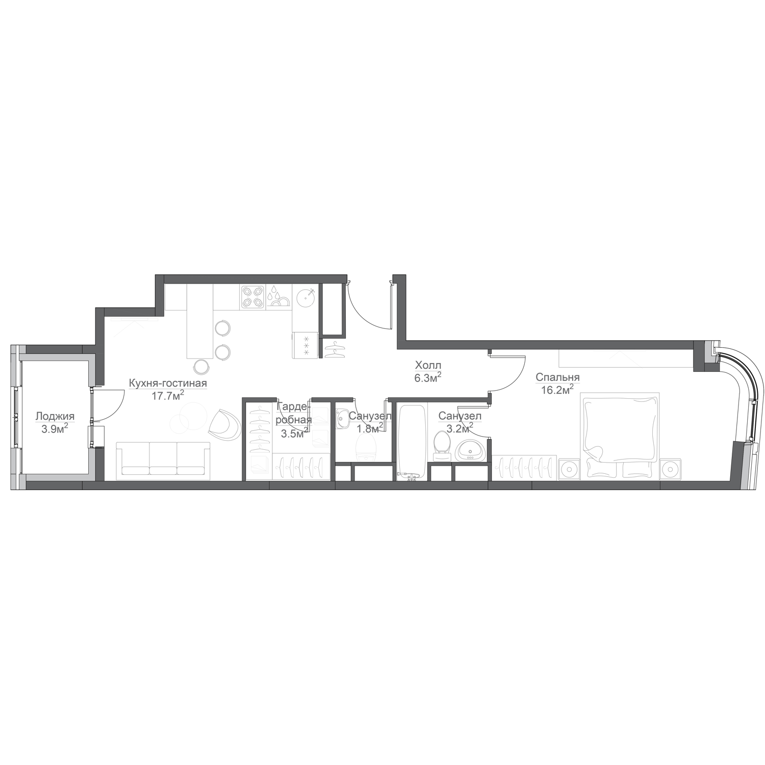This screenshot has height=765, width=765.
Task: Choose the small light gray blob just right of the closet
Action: [347, 360]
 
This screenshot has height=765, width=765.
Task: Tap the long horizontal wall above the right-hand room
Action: [551, 343]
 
